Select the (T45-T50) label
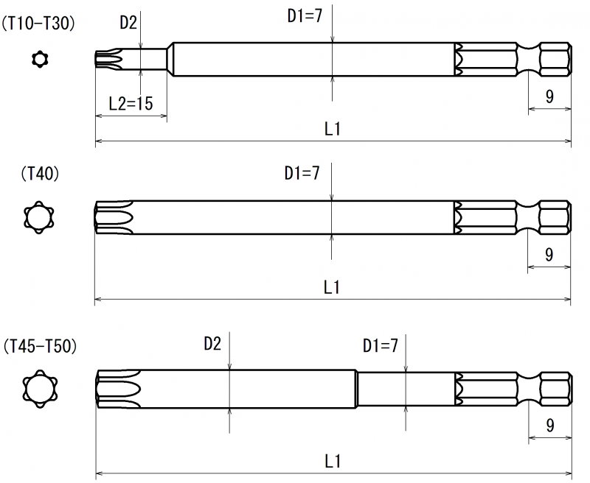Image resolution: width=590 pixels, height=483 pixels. [x=40, y=345]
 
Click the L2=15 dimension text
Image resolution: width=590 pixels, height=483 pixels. [x=131, y=104]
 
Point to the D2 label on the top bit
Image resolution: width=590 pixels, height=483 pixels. [x=128, y=22]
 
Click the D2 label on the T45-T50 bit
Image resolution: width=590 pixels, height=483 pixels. [x=212, y=343]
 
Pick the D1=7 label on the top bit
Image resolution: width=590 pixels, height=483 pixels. [x=305, y=15]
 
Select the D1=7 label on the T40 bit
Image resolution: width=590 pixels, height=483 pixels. [x=302, y=174]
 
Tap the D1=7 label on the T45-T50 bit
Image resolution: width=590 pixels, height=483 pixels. [x=381, y=345]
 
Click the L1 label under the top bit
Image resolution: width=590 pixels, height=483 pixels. [x=333, y=129]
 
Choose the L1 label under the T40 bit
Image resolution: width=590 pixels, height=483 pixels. [x=333, y=288]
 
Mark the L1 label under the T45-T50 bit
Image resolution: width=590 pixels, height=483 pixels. [x=333, y=462]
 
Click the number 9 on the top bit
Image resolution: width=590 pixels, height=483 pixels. [x=549, y=95]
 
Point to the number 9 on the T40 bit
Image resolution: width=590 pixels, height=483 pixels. [x=549, y=254]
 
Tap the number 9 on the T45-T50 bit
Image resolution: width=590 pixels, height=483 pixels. [x=549, y=425]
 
